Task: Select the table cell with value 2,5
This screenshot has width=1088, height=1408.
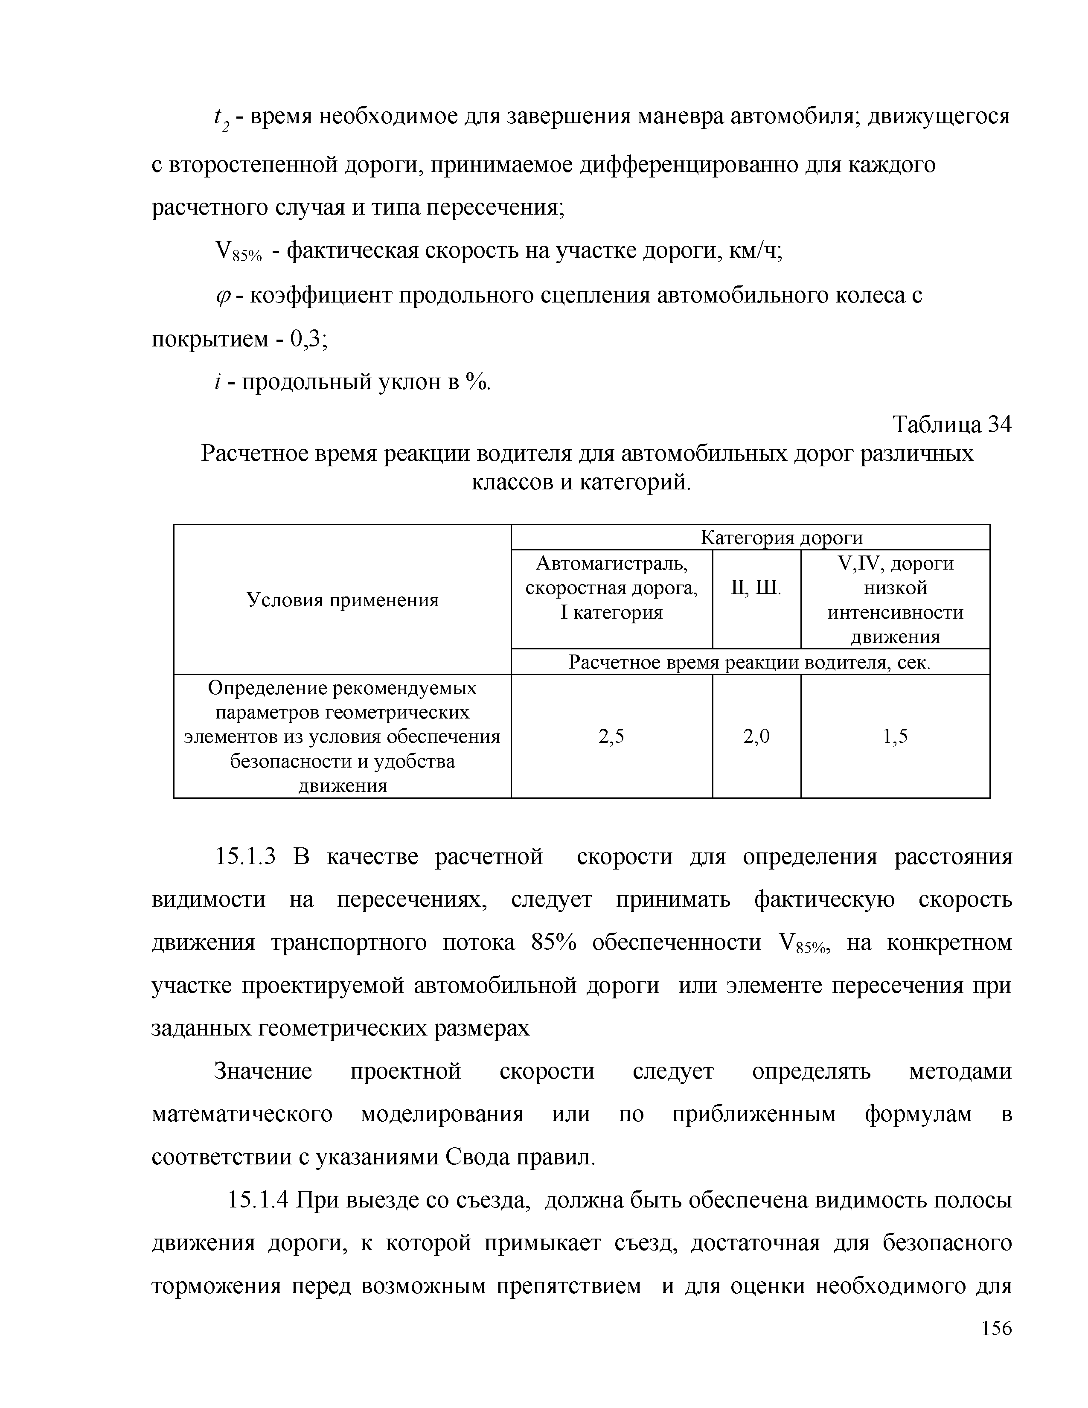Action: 611,736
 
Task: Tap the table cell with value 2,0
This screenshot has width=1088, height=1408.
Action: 756,736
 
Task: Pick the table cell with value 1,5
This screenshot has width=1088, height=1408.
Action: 895,736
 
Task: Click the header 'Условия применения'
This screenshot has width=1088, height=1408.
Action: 342,600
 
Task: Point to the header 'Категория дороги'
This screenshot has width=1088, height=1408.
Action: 781,538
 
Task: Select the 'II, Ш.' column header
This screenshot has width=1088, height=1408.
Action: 756,588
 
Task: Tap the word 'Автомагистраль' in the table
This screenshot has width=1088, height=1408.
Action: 611,564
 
